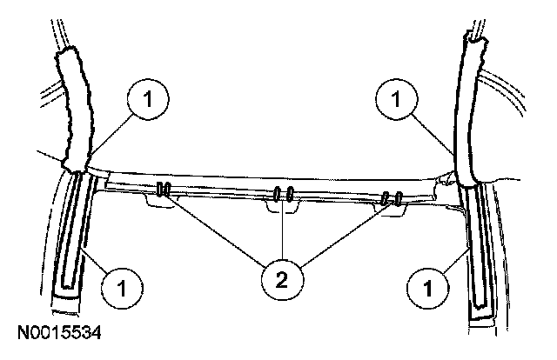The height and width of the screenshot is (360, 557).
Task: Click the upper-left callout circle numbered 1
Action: point(148,98)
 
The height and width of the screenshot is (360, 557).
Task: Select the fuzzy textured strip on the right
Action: point(473,109)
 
